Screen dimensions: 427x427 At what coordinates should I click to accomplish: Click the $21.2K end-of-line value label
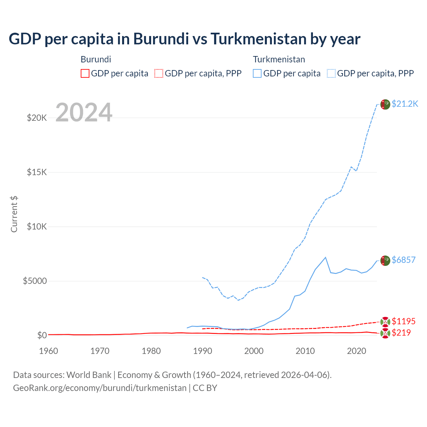405,104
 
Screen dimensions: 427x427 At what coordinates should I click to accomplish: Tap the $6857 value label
403,260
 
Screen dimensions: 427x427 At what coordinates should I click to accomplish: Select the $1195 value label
403,321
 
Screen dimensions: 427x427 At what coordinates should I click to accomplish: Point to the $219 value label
401,333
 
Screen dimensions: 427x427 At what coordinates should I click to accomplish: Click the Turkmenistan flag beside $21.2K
385,104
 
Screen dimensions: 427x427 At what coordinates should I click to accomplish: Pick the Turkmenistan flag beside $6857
385,261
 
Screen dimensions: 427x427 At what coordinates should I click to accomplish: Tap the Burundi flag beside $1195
385,322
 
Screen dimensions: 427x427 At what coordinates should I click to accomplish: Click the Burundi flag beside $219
385,333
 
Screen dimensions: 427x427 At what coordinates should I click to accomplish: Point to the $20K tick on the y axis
37,118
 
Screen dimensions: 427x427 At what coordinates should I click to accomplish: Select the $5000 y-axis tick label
35,281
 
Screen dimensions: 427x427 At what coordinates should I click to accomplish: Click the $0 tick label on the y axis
42,335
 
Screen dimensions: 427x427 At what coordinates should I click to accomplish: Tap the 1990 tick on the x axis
202,351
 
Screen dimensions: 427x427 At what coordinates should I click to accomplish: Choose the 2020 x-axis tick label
357,351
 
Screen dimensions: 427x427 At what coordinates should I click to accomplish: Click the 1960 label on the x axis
49,351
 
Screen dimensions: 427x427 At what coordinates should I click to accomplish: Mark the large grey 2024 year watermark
84,112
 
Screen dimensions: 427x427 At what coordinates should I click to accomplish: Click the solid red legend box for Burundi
85,73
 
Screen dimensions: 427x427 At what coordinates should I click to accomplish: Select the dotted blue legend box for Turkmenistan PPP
331,73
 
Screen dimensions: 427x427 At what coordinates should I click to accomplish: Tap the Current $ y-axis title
14,214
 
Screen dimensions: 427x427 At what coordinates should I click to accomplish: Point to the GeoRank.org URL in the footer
100,388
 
